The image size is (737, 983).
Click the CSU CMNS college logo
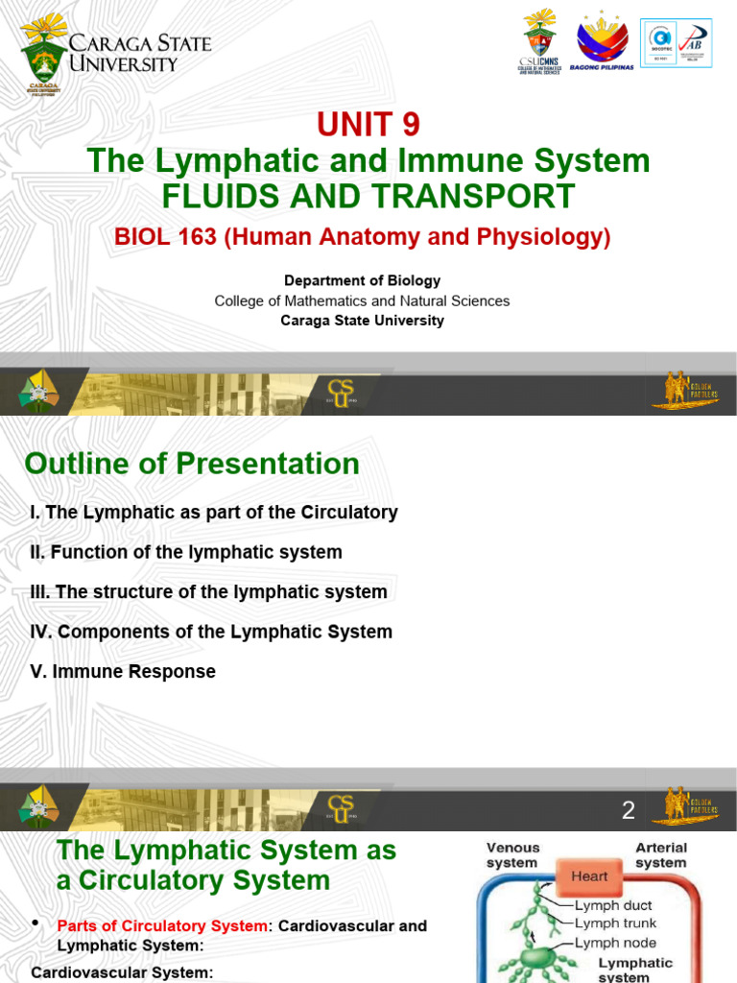pyautogui.click(x=539, y=44)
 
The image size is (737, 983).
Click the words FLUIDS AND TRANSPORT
pyautogui.click(x=368, y=196)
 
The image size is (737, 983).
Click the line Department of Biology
pyautogui.click(x=362, y=280)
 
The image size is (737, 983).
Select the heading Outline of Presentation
pyautogui.click(x=192, y=464)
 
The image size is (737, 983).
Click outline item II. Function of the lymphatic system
pyautogui.click(x=186, y=552)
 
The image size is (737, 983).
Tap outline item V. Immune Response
pyautogui.click(x=123, y=672)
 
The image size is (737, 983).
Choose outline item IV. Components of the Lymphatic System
pyautogui.click(x=211, y=632)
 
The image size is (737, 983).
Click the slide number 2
pyautogui.click(x=629, y=810)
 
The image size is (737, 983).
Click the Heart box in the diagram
pyautogui.click(x=588, y=876)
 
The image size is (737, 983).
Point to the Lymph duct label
pyautogui.click(x=614, y=904)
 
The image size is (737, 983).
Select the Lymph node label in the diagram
pyautogui.click(x=615, y=943)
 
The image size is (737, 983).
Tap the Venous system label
pyautogui.click(x=512, y=855)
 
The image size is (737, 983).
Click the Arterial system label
pyautogui.click(x=661, y=855)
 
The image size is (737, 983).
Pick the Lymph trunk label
pyautogui.click(x=615, y=923)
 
